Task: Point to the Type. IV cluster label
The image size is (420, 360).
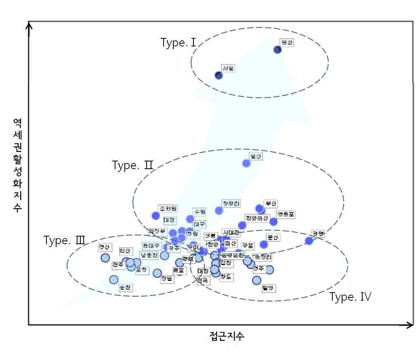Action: pyautogui.click(x=350, y=297)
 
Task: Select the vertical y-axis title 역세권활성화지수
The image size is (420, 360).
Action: pyautogui.click(x=17, y=165)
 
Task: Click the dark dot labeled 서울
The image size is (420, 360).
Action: pyautogui.click(x=218, y=75)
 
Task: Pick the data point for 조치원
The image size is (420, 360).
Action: pyautogui.click(x=155, y=216)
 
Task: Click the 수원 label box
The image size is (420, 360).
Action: pyautogui.click(x=199, y=211)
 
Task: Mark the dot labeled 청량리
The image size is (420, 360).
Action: pyautogui.click(x=219, y=210)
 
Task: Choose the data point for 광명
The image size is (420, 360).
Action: pyautogui.click(x=309, y=241)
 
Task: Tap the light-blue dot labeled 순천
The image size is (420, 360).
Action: pyautogui.click(x=113, y=279)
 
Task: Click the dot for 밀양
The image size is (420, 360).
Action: pyautogui.click(x=256, y=280)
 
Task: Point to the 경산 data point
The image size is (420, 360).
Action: pyautogui.click(x=105, y=257)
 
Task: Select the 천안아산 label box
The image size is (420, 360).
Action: pyautogui.click(x=257, y=218)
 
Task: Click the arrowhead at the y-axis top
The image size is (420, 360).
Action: pyautogui.click(x=29, y=25)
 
